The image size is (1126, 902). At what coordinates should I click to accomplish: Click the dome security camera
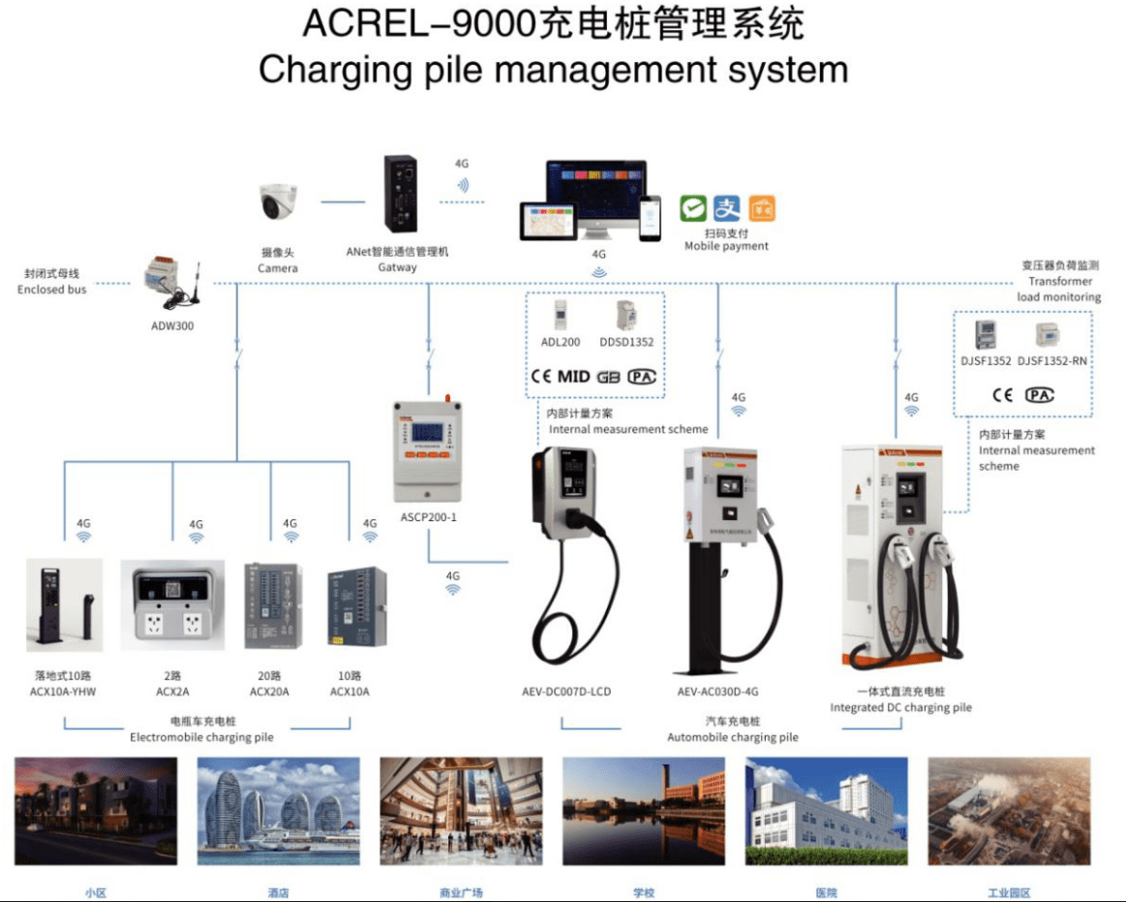(279, 202)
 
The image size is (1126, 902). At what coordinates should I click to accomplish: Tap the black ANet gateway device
(398, 196)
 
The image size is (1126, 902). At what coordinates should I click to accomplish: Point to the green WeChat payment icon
(692, 208)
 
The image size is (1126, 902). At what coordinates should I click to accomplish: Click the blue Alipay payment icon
(726, 208)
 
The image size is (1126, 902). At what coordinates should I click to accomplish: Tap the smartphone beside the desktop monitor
(649, 220)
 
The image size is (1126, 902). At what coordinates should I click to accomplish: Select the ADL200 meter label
(561, 342)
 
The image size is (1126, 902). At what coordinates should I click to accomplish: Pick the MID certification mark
(573, 377)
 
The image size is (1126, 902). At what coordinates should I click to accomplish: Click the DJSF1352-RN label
(1051, 361)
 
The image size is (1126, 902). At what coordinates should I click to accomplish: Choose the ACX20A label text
(269, 692)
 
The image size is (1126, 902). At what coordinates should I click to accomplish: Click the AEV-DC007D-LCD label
(565, 692)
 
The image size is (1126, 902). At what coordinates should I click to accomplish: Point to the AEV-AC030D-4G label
(718, 692)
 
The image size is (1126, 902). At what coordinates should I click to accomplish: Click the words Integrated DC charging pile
(900, 707)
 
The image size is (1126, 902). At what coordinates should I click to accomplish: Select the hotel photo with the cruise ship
(278, 811)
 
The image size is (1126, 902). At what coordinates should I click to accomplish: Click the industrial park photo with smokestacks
(1008, 811)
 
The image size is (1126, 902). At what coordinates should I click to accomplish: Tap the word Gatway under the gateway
(397, 267)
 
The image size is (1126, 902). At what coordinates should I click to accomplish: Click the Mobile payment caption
(726, 246)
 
